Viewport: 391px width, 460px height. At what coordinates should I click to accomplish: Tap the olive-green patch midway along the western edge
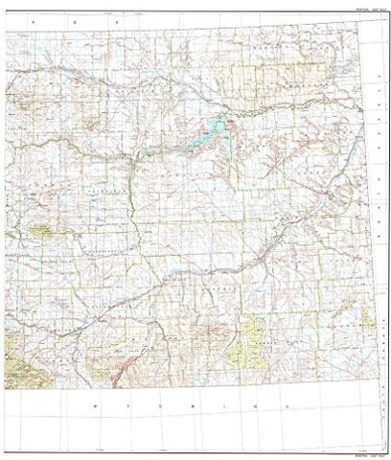pyautogui.click(x=40, y=230)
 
